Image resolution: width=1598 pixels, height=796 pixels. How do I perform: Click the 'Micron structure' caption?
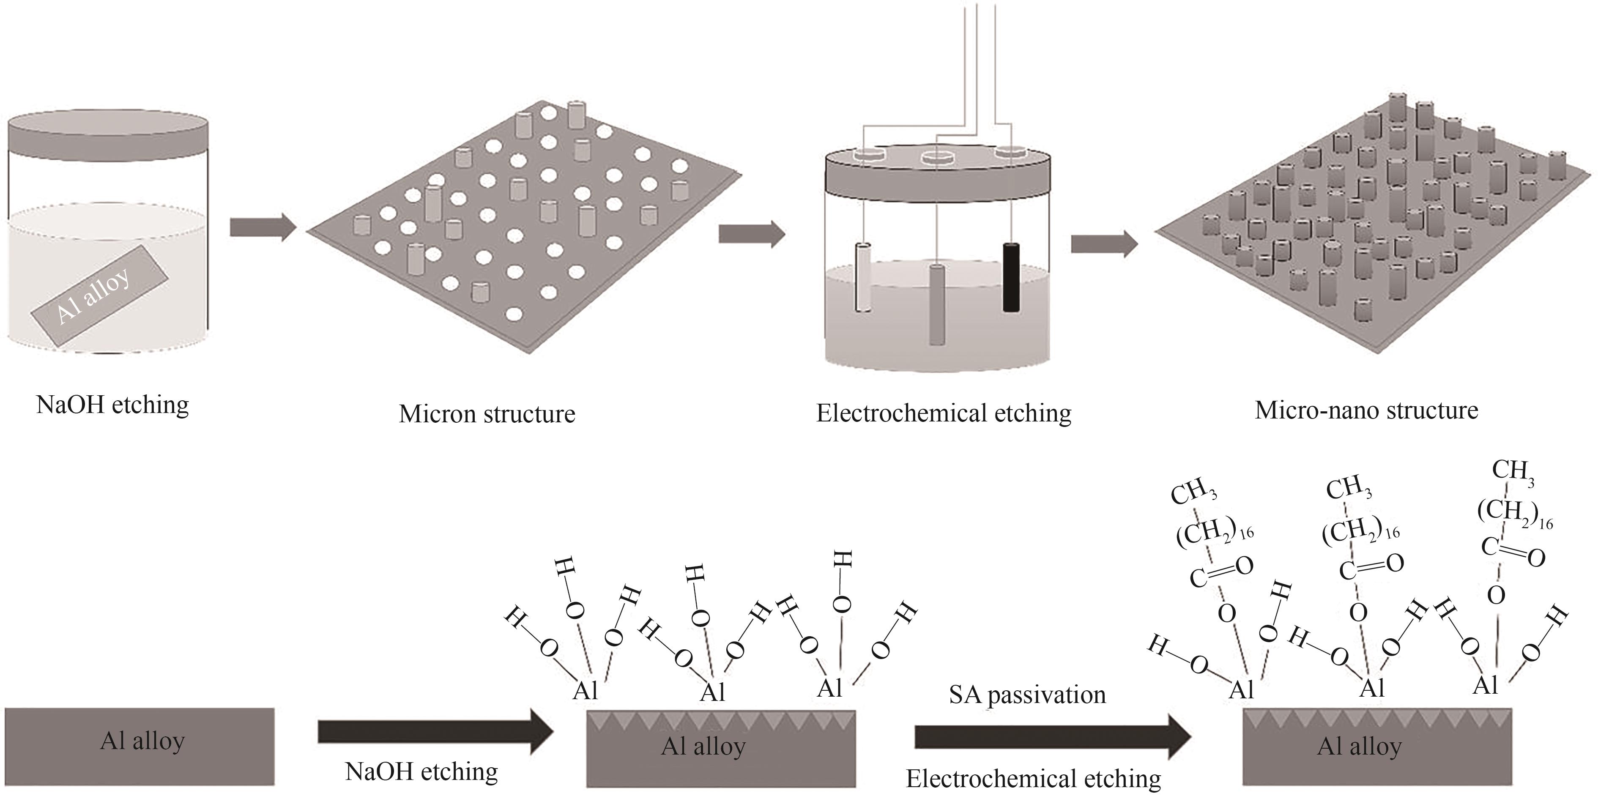click(x=487, y=414)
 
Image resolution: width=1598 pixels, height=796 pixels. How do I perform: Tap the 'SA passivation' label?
click(x=1027, y=695)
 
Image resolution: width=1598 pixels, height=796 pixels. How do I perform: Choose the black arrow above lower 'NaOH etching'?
click(x=434, y=732)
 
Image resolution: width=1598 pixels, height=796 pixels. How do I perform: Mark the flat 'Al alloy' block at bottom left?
click(x=140, y=747)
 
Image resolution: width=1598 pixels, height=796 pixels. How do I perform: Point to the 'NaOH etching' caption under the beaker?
click(x=113, y=405)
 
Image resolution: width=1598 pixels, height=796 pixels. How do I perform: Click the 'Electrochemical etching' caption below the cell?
click(x=944, y=413)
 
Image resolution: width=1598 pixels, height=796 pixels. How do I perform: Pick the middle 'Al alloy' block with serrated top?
click(x=721, y=748)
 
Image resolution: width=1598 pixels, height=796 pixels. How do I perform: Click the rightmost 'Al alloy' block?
click(x=1377, y=748)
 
